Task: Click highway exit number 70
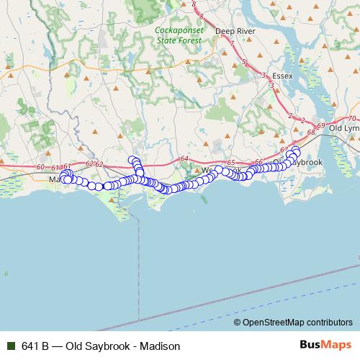(352, 118)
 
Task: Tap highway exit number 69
(320, 126)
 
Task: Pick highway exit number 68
(310, 132)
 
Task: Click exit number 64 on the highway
(184, 158)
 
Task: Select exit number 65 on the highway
(231, 163)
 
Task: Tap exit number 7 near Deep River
(231, 42)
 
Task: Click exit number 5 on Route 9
(245, 62)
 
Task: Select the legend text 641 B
(35, 346)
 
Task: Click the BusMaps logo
(326, 345)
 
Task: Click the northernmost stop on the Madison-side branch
(132, 160)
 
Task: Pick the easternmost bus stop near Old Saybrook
(296, 150)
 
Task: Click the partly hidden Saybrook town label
(306, 163)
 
